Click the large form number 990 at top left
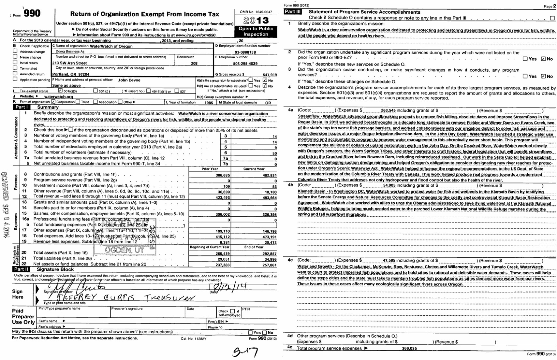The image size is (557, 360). pyautogui.click(x=32, y=14)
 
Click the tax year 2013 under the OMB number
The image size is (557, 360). pyautogui.click(x=256, y=20)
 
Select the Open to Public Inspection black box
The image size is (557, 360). pyautogui.click(x=256, y=31)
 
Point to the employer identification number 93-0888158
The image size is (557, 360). pyautogui.click(x=245, y=52)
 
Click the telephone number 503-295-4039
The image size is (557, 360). pyautogui.click(x=245, y=64)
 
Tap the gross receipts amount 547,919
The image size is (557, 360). pyautogui.click(x=270, y=75)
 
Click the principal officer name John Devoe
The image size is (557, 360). pyautogui.click(x=129, y=80)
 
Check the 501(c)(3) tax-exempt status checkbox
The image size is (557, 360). pyautogui.click(x=60, y=91)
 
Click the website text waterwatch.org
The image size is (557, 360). pyautogui.click(x=58, y=97)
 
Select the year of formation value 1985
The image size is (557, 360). pyautogui.click(x=209, y=103)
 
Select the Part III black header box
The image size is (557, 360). pyautogui.click(x=292, y=12)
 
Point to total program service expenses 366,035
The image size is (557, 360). pyautogui.click(x=409, y=348)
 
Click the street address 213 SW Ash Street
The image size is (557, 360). pyautogui.click(x=69, y=63)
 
